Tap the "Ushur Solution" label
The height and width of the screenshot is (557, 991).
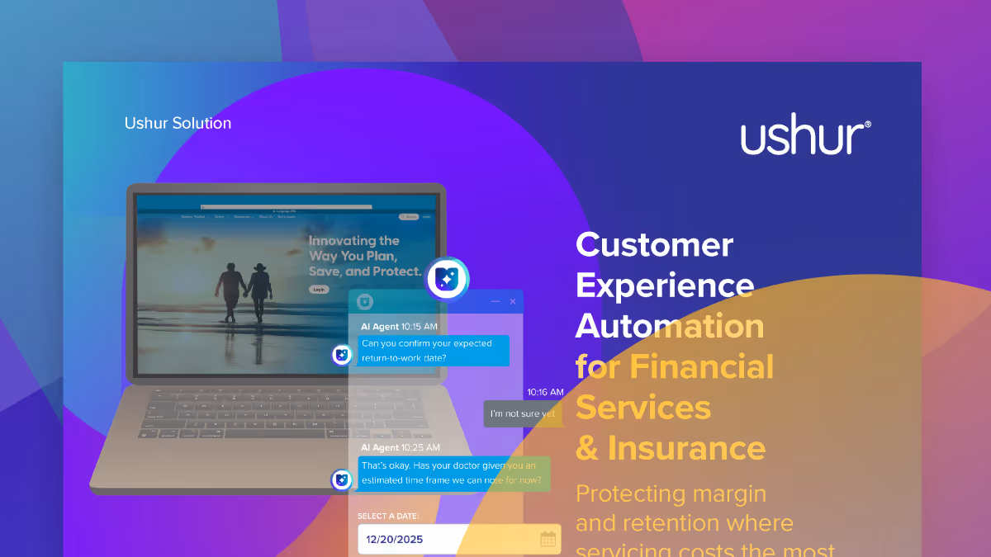(x=178, y=123)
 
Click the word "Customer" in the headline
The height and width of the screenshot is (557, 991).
(x=654, y=244)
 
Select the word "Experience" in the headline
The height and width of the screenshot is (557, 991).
(x=664, y=286)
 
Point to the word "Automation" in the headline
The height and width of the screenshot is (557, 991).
(x=669, y=326)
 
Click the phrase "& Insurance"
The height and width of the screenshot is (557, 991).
(x=670, y=448)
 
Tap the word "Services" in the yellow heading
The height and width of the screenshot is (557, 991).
(x=642, y=408)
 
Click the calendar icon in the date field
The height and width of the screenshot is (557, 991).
(x=548, y=540)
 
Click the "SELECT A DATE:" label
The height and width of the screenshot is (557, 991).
(x=388, y=516)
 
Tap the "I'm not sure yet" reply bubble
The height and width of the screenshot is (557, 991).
(x=522, y=413)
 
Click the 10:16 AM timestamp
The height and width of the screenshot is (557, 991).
(x=545, y=392)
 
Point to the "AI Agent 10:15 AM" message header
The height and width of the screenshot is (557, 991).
(x=399, y=326)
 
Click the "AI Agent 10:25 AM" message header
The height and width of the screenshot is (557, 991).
(x=400, y=447)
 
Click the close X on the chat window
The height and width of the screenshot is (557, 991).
(x=512, y=302)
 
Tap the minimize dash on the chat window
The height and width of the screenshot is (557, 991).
(x=495, y=302)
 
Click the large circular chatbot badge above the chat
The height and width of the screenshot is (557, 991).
(x=448, y=279)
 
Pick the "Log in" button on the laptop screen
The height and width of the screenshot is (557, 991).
(x=318, y=290)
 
